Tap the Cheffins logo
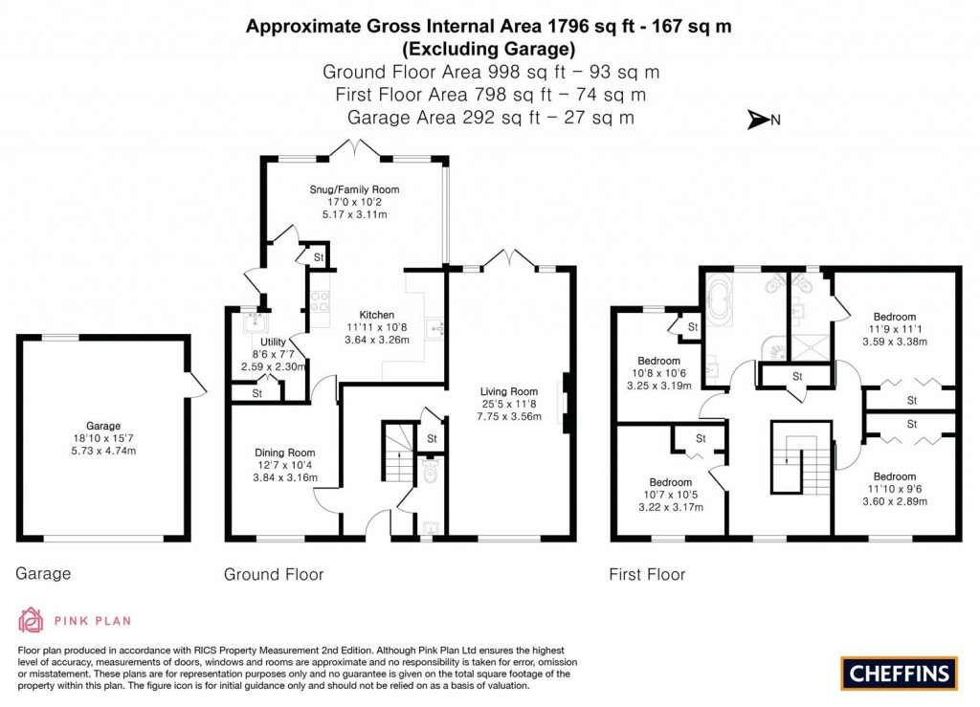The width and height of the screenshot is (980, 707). (x=899, y=673)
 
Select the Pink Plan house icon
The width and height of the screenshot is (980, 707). (x=31, y=620)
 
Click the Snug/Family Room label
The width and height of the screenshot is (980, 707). (x=354, y=189)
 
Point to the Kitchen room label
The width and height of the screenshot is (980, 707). (x=376, y=315)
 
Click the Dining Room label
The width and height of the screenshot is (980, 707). (x=284, y=453)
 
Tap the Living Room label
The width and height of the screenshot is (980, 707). (x=509, y=390)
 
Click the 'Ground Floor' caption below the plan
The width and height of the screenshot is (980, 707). (x=274, y=574)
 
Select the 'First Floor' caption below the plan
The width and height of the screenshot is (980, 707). (x=647, y=574)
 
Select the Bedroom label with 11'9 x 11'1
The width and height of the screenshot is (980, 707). (x=894, y=317)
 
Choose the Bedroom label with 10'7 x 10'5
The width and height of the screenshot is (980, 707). (x=670, y=482)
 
